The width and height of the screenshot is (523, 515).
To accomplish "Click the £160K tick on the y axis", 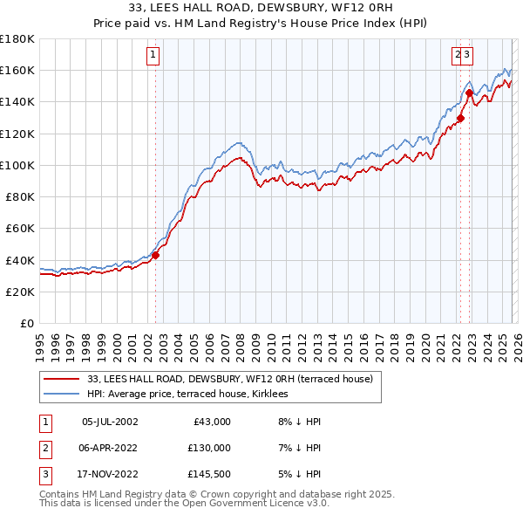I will (17, 70).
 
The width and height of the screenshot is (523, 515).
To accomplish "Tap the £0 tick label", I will (26, 323).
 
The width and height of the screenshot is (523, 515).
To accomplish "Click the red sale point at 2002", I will (155, 255).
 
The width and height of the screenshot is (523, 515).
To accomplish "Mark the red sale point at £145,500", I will (469, 93).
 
